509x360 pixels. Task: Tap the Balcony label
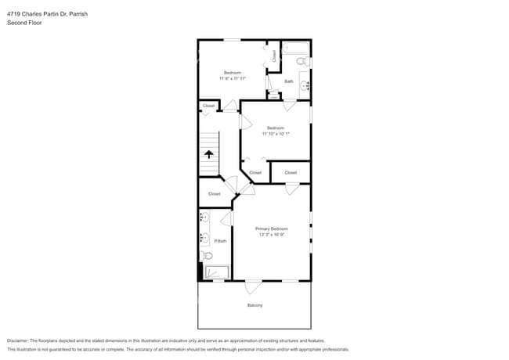[254, 305]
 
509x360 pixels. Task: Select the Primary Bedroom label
[272, 229]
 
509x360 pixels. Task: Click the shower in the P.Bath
[216, 272]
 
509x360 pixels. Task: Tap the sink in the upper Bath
[305, 85]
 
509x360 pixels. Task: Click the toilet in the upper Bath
[309, 62]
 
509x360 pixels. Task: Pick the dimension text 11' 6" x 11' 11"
[233, 78]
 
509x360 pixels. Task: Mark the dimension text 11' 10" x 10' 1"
[275, 134]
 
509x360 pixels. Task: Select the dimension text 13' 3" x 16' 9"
[272, 235]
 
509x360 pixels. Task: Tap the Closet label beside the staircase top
[209, 106]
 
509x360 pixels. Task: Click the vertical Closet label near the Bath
[274, 56]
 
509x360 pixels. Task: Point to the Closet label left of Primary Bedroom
[214, 193]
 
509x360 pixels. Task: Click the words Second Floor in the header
[25, 23]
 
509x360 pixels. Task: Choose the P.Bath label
[220, 241]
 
